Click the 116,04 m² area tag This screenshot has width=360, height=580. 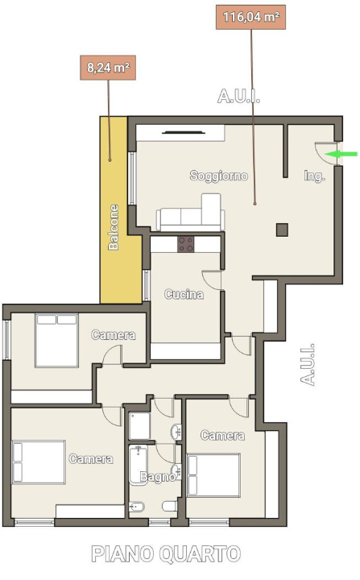click(250, 17)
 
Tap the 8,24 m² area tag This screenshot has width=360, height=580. click(108, 68)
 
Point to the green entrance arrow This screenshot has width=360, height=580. click(341, 154)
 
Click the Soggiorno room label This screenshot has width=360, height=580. click(219, 176)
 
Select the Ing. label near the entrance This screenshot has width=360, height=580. click(314, 176)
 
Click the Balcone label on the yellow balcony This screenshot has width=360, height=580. click(114, 227)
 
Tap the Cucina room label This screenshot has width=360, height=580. click(184, 295)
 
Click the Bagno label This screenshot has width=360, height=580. click(158, 477)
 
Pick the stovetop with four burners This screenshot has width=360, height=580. click(186, 245)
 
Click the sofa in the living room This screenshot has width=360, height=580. click(191, 213)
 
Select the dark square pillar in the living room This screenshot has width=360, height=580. click(283, 230)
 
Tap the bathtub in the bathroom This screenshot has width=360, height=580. click(139, 465)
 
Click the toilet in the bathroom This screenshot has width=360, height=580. click(170, 506)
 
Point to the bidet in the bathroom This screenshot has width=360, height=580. click(137, 507)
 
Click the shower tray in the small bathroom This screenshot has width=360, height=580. click(139, 426)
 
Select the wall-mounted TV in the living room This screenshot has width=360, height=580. click(184, 132)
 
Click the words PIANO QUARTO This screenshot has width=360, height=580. click(166, 554)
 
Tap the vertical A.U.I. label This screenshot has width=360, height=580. click(308, 365)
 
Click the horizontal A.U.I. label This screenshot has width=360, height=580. click(238, 96)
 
